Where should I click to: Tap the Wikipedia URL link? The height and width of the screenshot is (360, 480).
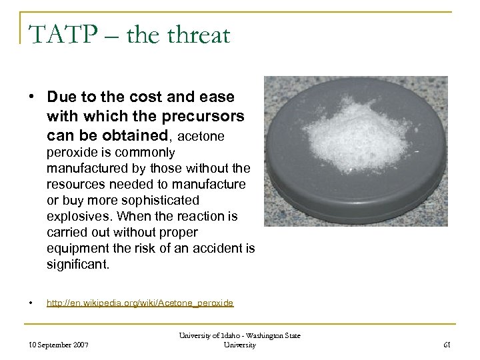coord(139,303)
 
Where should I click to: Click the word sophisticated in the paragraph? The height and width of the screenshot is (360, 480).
coord(155,199)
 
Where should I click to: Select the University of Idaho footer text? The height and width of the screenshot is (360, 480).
coord(239,340)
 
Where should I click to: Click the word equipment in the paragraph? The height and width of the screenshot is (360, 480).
coord(76,247)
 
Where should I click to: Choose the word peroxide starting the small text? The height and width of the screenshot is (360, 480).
coord(69,153)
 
